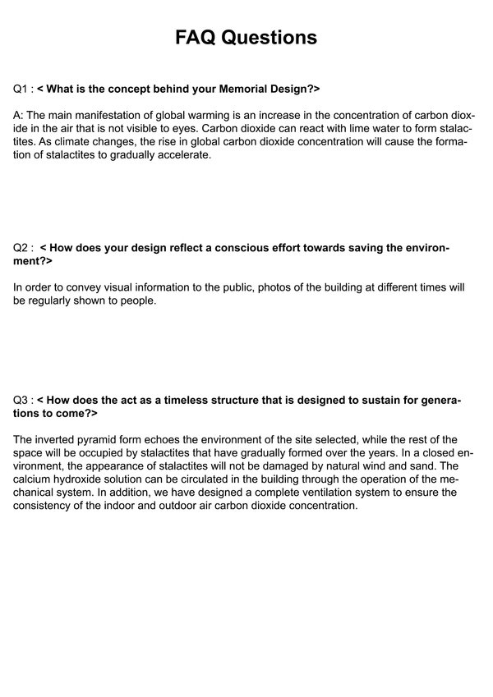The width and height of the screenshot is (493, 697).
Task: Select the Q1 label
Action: (22, 87)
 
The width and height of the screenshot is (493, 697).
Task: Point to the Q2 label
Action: (22, 247)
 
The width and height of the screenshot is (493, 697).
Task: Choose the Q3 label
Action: (22, 400)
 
